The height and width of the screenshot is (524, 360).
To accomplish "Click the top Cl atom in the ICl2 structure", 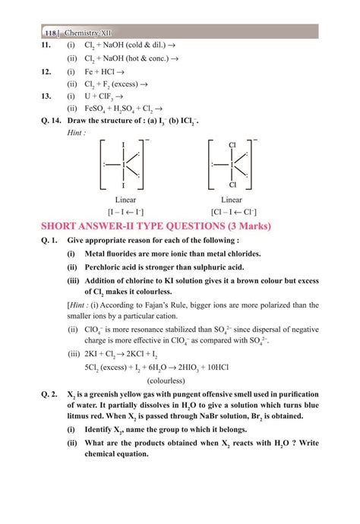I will coord(232,144).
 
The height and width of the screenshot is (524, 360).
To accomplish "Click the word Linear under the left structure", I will coord(120,198).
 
